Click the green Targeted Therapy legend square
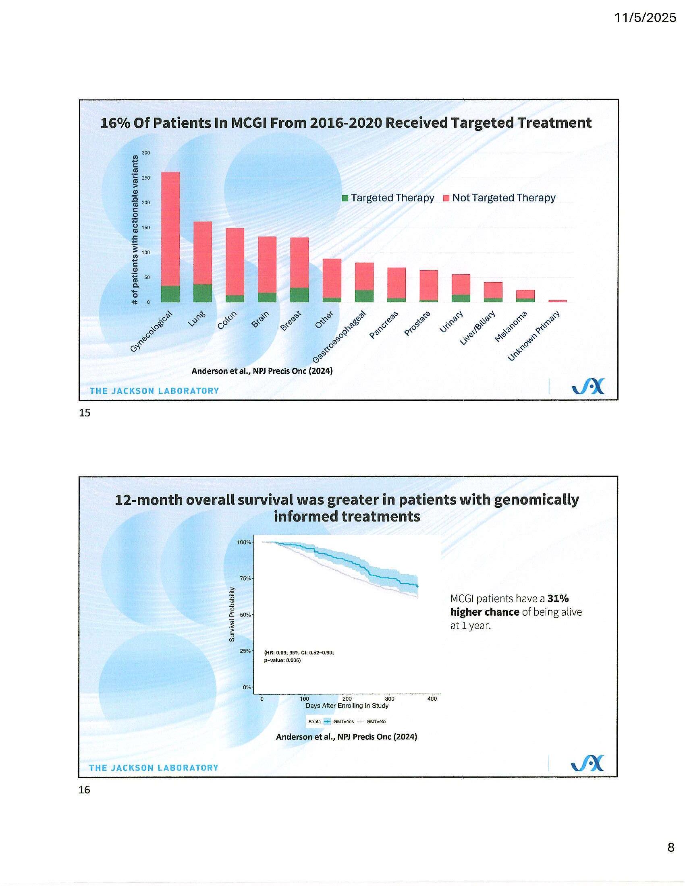click(345, 199)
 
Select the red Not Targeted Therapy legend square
click(446, 199)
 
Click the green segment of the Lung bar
click(203, 293)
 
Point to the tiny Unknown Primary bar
click(558, 301)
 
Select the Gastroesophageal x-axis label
click(339, 337)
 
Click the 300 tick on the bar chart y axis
click(146, 153)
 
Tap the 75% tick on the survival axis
click(245, 578)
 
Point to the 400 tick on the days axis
click(432, 699)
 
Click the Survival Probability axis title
click(232, 615)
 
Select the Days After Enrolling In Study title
click(347, 706)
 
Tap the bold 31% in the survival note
click(558, 598)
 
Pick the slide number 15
click(85, 413)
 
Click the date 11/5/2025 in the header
click(645, 18)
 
